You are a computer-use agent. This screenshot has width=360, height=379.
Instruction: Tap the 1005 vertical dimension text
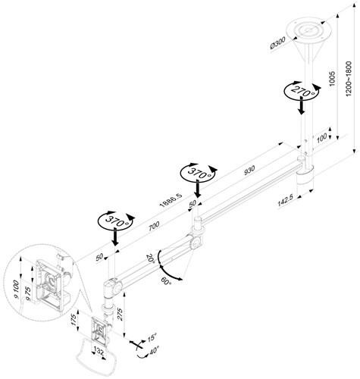[332, 79]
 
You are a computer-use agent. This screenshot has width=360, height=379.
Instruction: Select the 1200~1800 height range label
[349, 79]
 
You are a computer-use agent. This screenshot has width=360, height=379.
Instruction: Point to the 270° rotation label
[302, 92]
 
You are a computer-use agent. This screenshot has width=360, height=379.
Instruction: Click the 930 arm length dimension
[249, 170]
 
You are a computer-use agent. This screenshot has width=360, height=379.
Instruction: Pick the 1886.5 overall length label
[171, 201]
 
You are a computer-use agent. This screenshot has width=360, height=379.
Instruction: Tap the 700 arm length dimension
[154, 226]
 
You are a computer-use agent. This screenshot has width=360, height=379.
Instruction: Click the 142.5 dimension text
[285, 201]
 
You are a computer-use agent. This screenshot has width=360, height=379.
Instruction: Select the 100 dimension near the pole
[321, 138]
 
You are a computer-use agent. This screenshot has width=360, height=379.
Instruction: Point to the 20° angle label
[151, 258]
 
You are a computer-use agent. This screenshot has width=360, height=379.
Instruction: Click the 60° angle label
[166, 281]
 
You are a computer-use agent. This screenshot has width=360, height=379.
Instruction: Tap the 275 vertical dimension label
[120, 315]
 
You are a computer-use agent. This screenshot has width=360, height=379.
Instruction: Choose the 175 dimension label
[74, 320]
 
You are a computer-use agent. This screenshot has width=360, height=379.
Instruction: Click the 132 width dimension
[99, 351]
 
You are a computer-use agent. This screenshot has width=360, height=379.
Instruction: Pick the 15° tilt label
[152, 338]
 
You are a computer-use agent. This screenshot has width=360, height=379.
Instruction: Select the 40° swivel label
[154, 351]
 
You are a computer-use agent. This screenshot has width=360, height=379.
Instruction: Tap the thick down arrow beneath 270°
[301, 106]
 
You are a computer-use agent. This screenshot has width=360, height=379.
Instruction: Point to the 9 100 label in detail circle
[16, 290]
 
